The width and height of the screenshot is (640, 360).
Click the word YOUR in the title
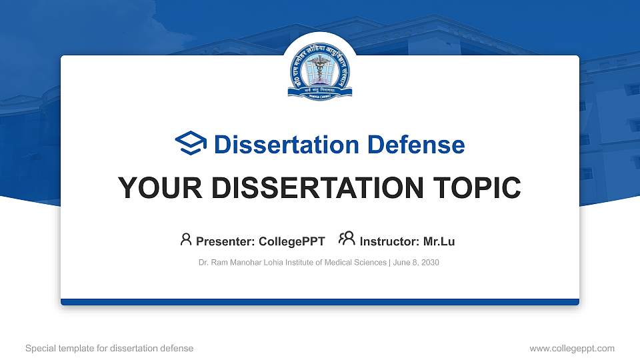click(154, 188)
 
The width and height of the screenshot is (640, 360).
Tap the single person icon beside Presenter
click(186, 240)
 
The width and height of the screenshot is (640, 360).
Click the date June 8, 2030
click(416, 263)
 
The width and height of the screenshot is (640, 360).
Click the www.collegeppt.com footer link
click(571, 348)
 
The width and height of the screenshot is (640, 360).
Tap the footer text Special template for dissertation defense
click(109, 348)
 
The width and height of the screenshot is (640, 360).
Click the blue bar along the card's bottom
click(319, 302)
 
